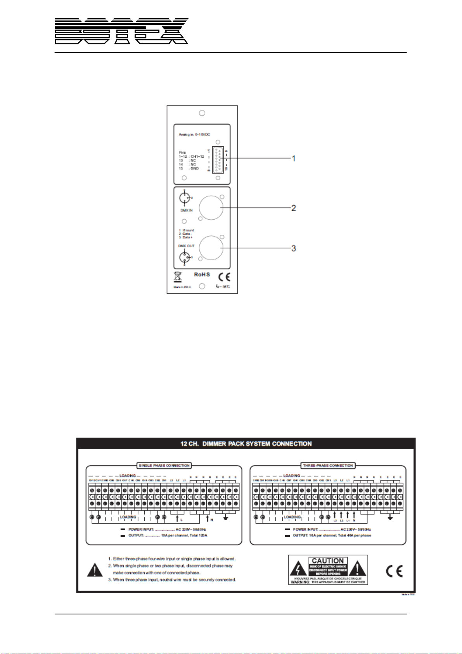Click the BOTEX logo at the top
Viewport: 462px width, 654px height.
tap(121, 31)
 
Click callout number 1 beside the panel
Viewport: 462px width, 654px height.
tap(294, 158)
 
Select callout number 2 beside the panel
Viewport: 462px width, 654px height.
tap(294, 208)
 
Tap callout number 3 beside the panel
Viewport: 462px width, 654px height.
tap(294, 248)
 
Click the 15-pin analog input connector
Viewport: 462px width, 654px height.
tap(218, 160)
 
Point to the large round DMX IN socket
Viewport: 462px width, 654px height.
tap(211, 208)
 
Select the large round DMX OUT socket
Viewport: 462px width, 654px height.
tap(211, 248)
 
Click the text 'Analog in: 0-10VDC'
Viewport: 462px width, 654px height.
tap(194, 134)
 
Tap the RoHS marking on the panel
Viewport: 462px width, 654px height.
tap(202, 274)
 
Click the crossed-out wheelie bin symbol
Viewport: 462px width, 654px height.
tap(177, 277)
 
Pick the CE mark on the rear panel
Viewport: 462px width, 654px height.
tap(224, 277)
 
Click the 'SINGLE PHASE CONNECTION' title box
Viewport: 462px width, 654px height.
tap(164, 465)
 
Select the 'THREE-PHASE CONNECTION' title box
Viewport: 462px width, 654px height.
tap(328, 465)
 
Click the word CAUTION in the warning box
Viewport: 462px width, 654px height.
tap(328, 561)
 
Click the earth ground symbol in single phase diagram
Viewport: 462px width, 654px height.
tap(226, 517)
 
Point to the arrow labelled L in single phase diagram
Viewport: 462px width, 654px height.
tap(177, 518)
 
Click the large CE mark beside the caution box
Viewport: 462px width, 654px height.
tap(394, 571)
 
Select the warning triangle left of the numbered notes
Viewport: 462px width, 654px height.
tap(95, 570)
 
